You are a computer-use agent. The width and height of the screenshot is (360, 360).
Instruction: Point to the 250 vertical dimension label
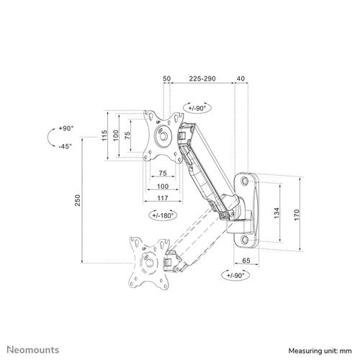(77, 202)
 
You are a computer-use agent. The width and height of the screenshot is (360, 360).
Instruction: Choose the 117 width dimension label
(163, 197)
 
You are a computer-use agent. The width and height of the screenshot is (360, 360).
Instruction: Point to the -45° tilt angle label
(68, 146)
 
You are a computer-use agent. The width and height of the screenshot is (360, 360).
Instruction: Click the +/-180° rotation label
(163, 215)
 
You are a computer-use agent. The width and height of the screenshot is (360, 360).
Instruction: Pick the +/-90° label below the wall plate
(234, 275)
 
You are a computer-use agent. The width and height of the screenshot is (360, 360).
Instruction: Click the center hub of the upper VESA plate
(163, 135)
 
